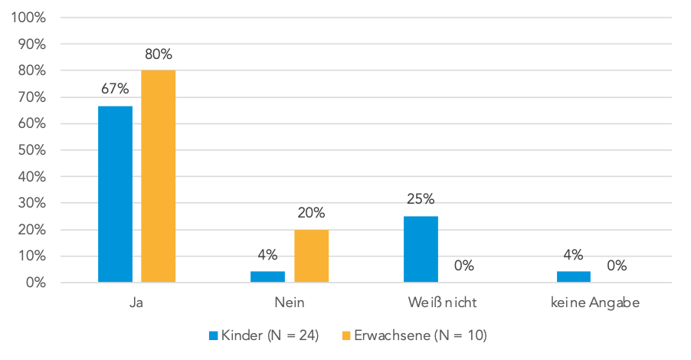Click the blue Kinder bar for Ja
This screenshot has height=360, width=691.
(115, 195)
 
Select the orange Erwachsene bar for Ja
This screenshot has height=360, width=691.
(158, 177)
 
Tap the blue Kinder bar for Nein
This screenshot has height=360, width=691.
(267, 277)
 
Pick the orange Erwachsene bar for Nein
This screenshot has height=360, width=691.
(311, 256)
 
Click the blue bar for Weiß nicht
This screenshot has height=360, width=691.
(421, 249)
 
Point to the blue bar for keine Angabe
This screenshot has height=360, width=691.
(573, 277)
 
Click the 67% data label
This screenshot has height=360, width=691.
(115, 90)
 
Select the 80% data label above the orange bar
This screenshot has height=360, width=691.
(158, 54)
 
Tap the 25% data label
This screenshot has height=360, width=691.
(421, 200)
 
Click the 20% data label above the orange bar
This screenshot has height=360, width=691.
(311, 213)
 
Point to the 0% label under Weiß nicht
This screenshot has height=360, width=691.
(463, 267)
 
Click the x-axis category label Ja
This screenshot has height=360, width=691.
(136, 303)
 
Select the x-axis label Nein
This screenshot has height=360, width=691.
(290, 303)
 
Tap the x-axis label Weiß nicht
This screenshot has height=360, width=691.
(442, 303)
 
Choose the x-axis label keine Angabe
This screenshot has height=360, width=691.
(594, 303)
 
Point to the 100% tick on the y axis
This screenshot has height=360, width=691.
(29, 18)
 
